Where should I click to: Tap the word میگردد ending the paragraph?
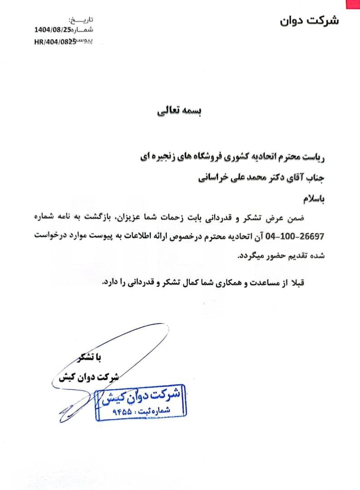click(x=253, y=255)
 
